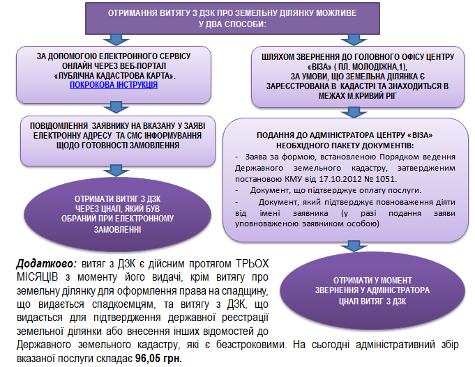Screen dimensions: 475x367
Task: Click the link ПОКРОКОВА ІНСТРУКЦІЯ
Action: pos(114,85)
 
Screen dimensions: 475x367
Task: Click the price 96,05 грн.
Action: pos(158,359)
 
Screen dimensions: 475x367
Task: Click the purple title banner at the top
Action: pos(232,19)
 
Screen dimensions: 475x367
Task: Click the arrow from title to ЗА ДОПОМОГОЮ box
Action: pos(116,40)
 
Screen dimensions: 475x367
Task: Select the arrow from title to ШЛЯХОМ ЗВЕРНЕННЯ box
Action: pos(354,40)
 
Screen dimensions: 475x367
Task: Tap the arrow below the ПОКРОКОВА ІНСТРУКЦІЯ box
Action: pos(116,107)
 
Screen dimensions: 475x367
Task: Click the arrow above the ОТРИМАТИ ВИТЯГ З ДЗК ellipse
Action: pos(116,171)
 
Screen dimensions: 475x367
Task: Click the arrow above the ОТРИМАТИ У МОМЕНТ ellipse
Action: pos(354,246)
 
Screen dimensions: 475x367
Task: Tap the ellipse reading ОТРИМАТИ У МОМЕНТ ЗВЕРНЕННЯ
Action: pos(372,290)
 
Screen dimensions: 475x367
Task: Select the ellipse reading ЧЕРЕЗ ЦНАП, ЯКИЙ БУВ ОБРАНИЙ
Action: pos(118,214)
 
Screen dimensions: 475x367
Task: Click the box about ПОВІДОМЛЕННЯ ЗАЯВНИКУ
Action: pos(118,141)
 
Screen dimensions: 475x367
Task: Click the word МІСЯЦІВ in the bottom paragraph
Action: pos(37,277)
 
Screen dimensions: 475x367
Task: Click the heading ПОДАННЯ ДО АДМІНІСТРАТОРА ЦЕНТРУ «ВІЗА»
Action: pos(345,135)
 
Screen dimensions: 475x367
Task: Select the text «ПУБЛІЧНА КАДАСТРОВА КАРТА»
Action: pos(115,76)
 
